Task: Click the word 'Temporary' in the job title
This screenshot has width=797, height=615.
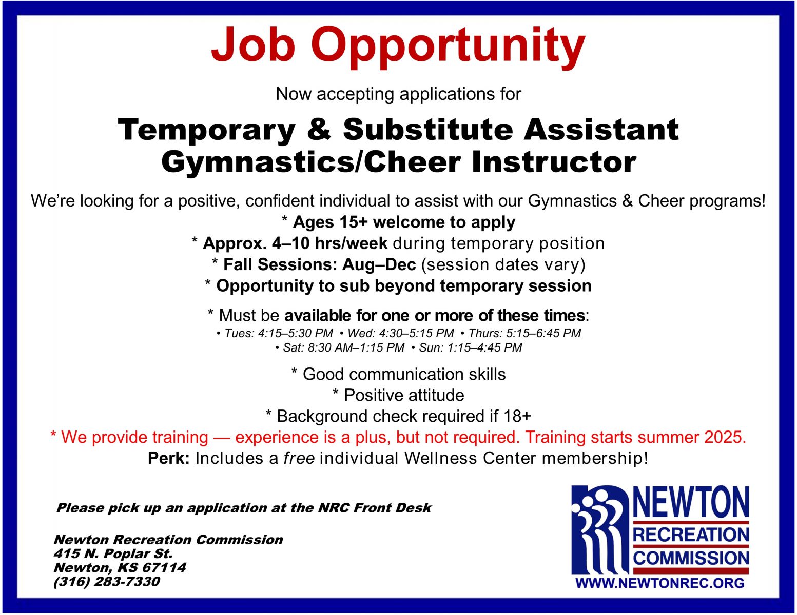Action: [x=207, y=130]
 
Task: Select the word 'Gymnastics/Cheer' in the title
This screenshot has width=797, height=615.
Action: [x=311, y=162]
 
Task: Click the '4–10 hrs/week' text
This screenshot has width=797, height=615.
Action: [x=329, y=243]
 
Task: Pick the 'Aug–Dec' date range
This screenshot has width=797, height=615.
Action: [x=379, y=264]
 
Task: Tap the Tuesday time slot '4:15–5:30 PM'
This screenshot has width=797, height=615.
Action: [x=295, y=333]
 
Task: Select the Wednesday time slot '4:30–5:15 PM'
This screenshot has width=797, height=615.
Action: [x=416, y=333]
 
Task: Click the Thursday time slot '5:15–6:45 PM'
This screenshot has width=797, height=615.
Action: [x=543, y=333]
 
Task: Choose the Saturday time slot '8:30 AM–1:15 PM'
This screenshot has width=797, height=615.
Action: [x=356, y=347]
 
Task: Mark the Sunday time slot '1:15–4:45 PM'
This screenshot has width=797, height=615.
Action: [x=484, y=347]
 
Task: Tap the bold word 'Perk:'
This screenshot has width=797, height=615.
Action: [x=169, y=458]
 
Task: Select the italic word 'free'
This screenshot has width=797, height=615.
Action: [x=299, y=458]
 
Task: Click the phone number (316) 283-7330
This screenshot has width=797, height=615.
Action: [x=107, y=582]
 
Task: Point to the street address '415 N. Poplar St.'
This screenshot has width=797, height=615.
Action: [x=113, y=553]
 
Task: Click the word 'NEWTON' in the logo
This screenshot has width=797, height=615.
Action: [x=691, y=502]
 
